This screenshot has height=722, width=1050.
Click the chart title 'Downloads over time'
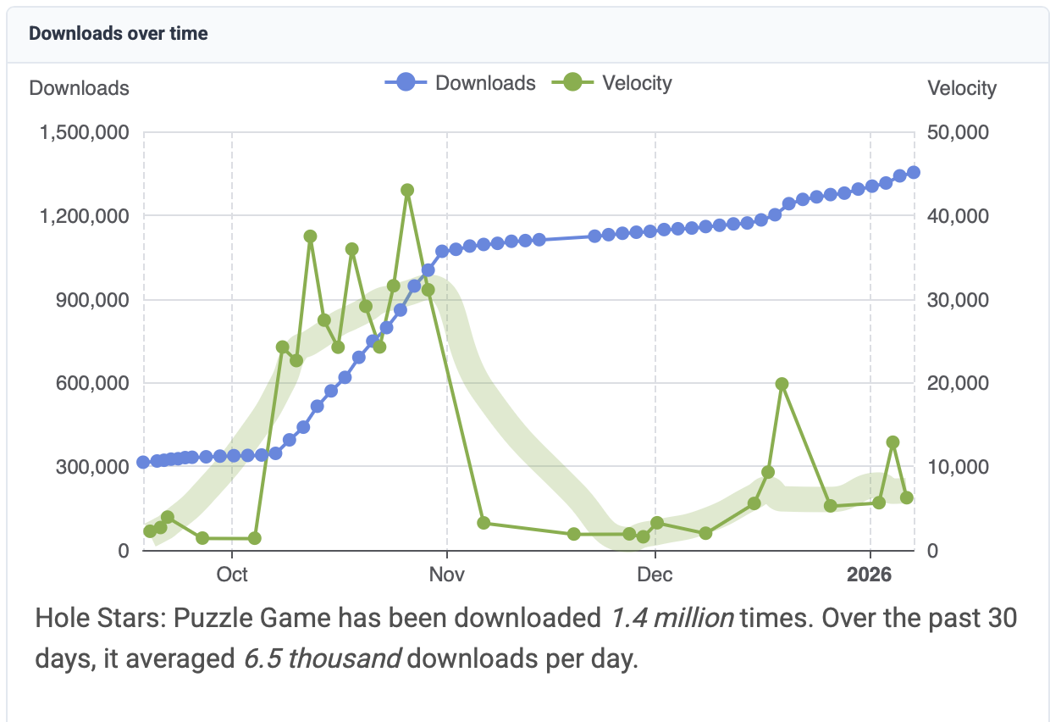pyautogui.click(x=119, y=34)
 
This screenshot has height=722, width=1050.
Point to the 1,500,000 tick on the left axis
pyautogui.click(x=82, y=133)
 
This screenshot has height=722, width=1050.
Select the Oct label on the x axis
pyautogui.click(x=232, y=575)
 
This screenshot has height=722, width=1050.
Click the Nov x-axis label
pyautogui.click(x=447, y=575)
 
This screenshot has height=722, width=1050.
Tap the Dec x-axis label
pyautogui.click(x=655, y=575)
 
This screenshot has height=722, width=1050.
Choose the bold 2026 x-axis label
pyautogui.click(x=870, y=575)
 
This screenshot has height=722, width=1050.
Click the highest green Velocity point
pyautogui.click(x=407, y=190)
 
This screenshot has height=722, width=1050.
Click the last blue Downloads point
pyautogui.click(x=914, y=173)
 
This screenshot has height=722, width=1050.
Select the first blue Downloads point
pyautogui.click(x=143, y=463)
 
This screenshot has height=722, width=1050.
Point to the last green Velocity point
pyautogui.click(x=907, y=497)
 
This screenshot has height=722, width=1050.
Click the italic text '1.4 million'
pyautogui.click(x=672, y=619)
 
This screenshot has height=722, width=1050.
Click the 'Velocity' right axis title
pyautogui.click(x=962, y=88)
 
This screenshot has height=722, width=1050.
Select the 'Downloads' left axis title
pyautogui.click(x=80, y=88)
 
